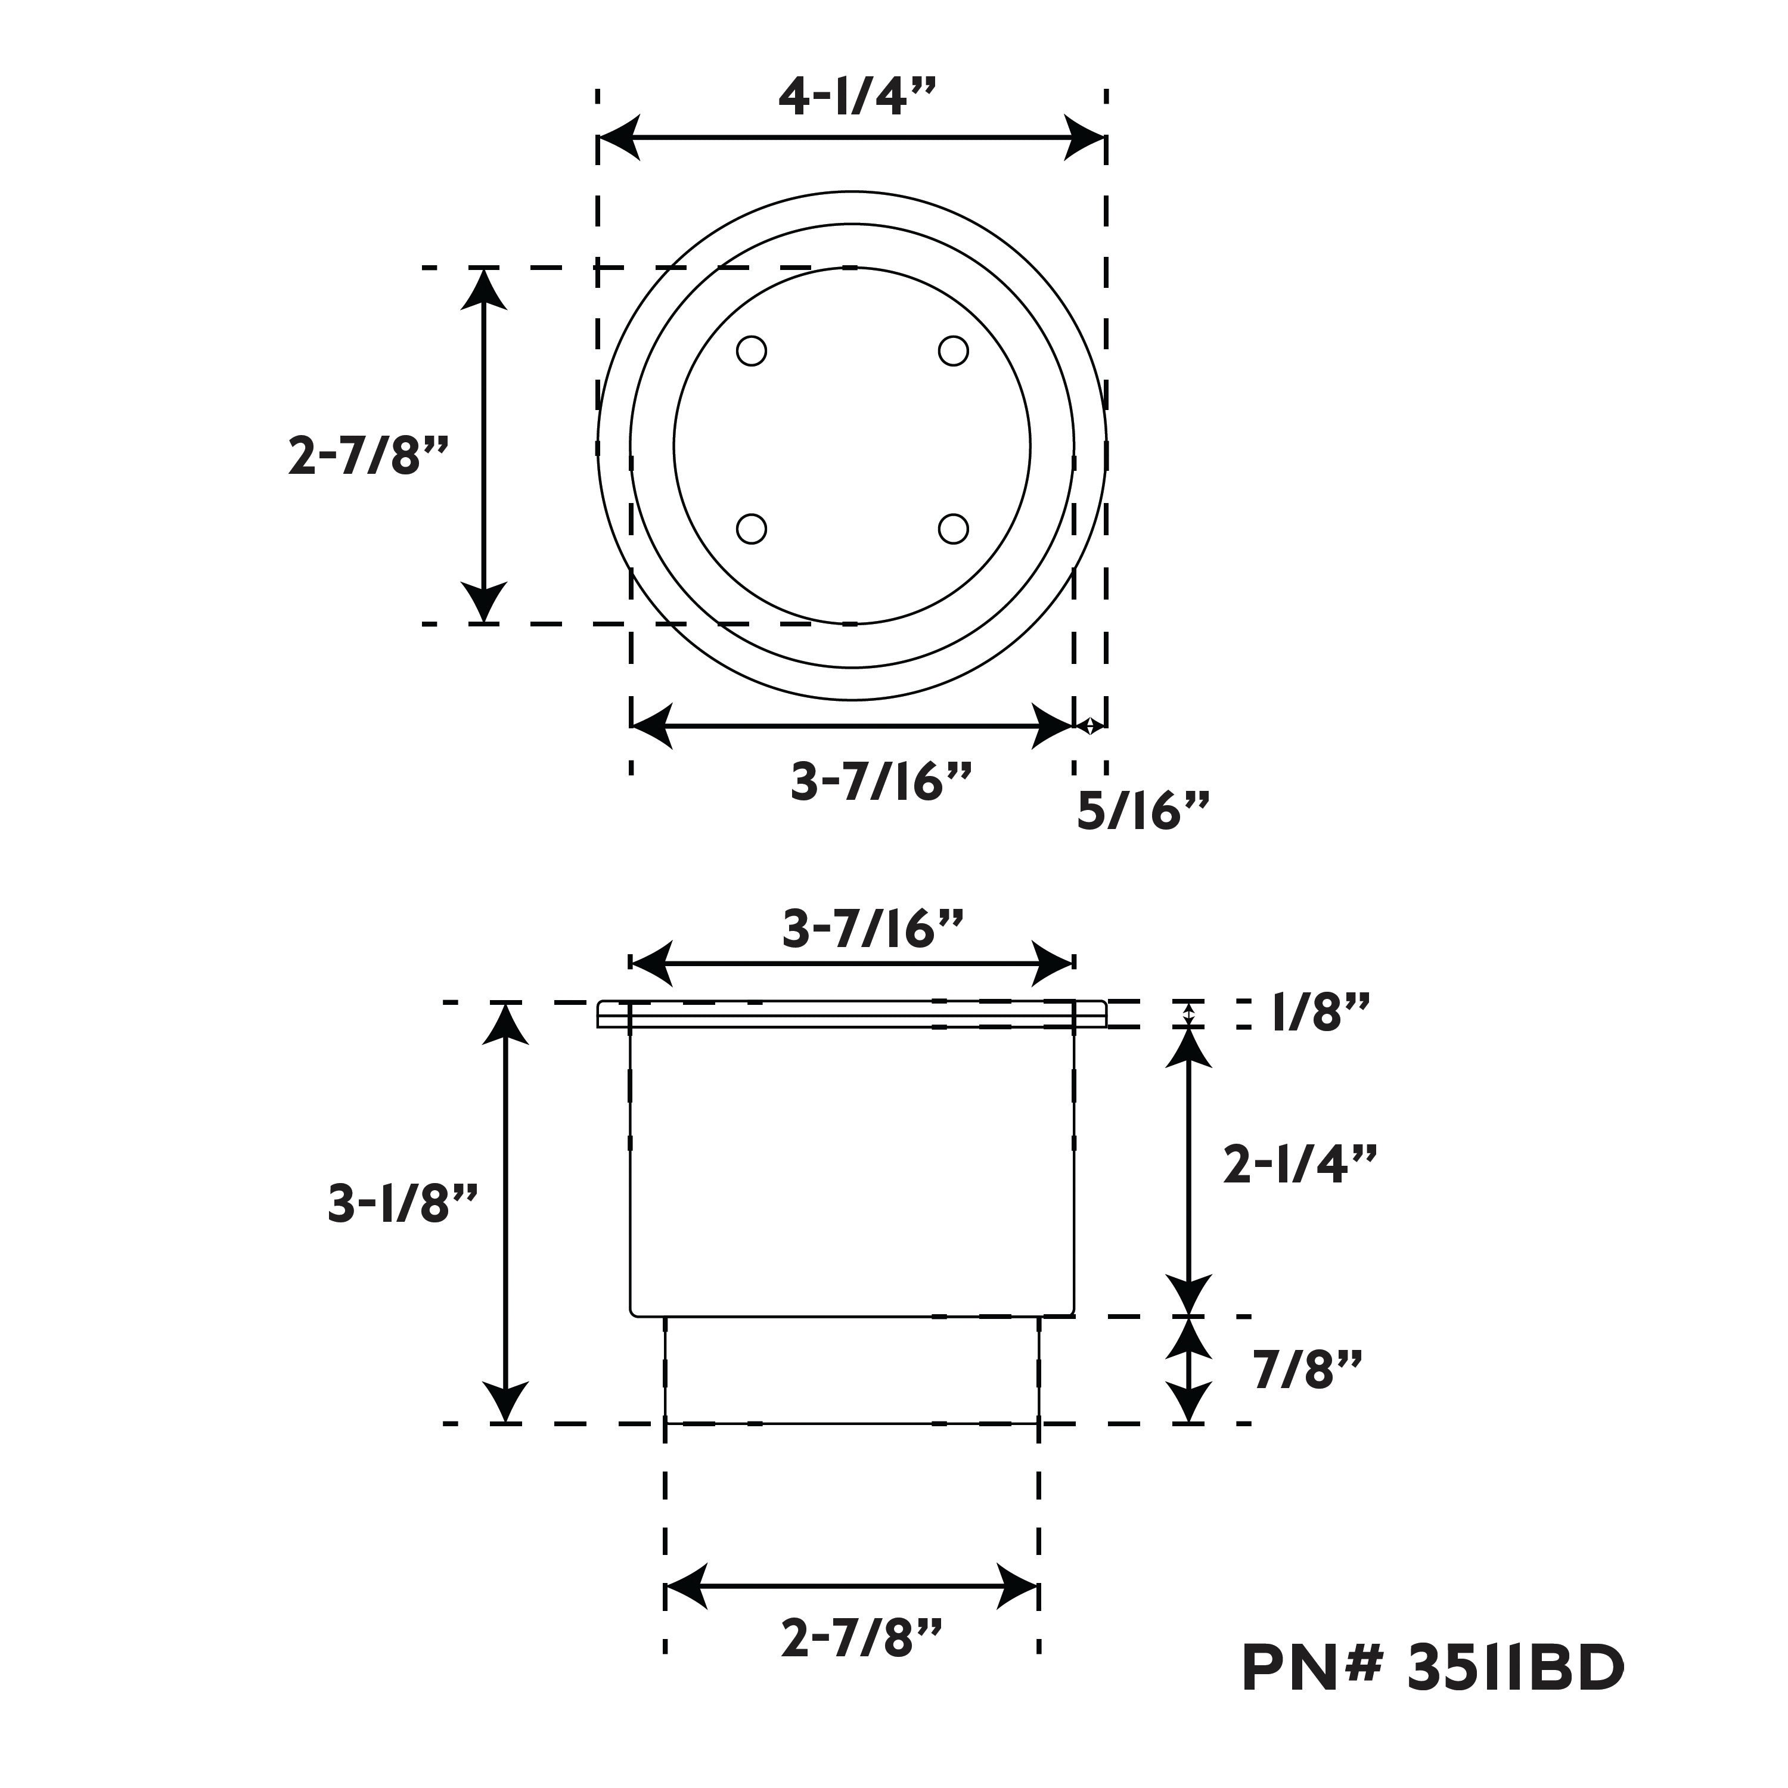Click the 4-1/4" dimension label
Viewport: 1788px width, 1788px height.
pos(857,95)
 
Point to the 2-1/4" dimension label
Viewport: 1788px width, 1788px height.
pos(1299,1163)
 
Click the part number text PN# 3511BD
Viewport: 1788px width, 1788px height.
pos(1433,1694)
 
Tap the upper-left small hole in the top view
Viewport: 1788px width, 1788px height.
pos(752,352)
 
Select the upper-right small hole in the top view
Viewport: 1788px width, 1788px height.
pos(953,352)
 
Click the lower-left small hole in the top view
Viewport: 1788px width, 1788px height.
pos(752,529)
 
